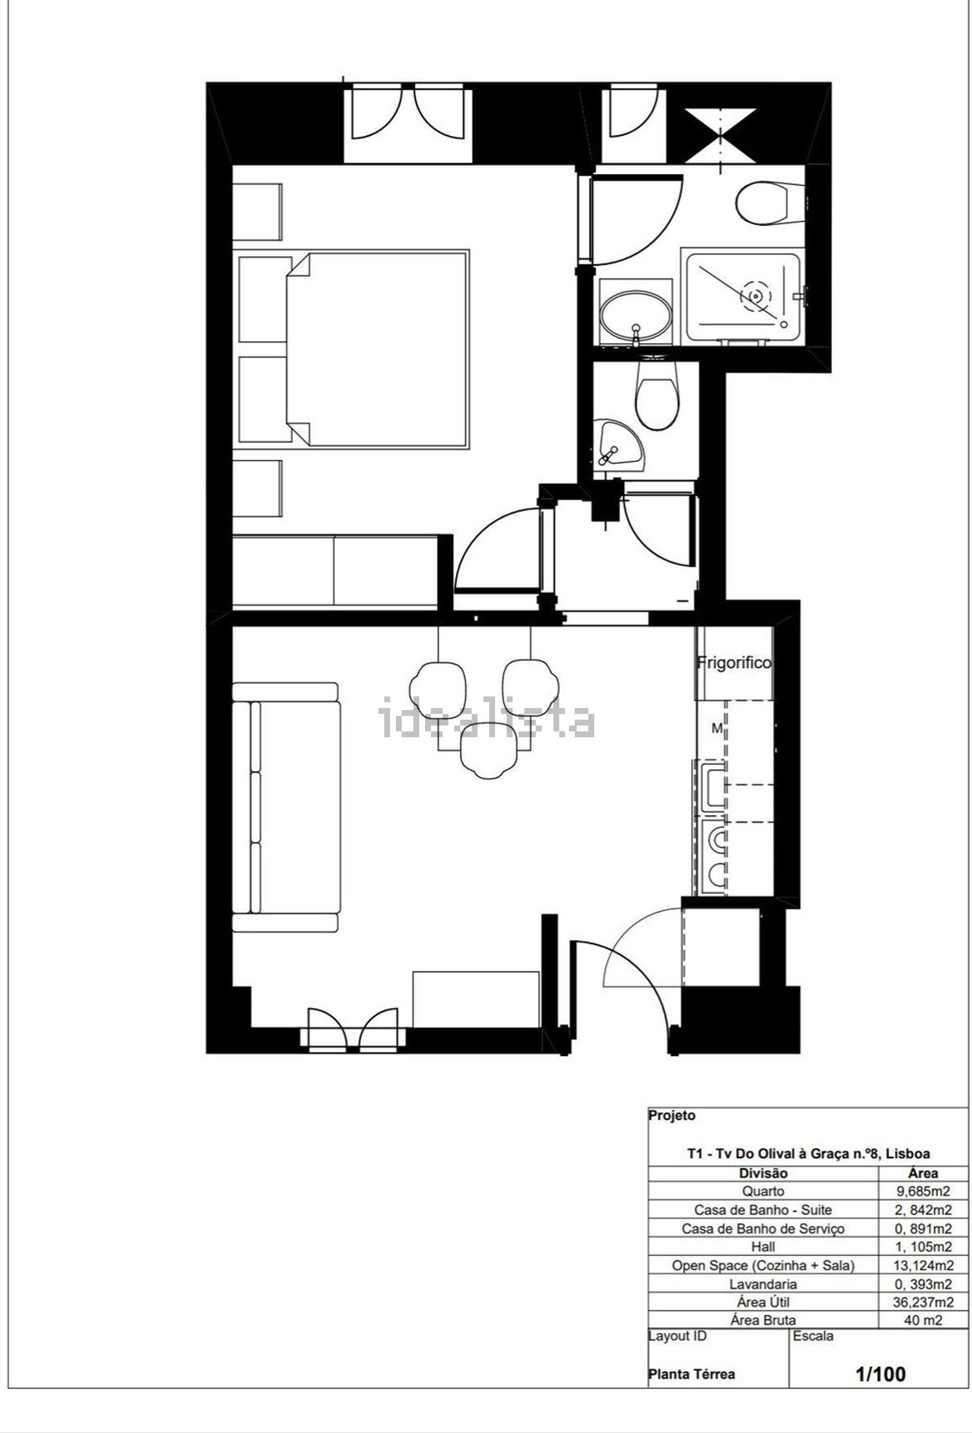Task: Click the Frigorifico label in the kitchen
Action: click(734, 663)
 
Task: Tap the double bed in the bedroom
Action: click(377, 350)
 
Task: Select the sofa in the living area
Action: click(286, 807)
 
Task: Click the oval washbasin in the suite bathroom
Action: click(636, 318)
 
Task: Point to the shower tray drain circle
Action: click(755, 295)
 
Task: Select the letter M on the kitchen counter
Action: click(717, 729)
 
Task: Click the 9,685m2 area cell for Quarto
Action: click(923, 1191)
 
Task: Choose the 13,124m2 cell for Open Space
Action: click(923, 1265)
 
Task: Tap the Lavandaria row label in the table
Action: click(763, 1284)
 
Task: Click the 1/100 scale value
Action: click(881, 1373)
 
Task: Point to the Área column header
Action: click(923, 1173)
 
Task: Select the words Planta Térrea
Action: click(692, 1375)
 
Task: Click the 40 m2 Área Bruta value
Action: click(923, 1320)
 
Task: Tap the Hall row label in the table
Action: click(763, 1246)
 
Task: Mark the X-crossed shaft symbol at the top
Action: click(721, 136)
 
